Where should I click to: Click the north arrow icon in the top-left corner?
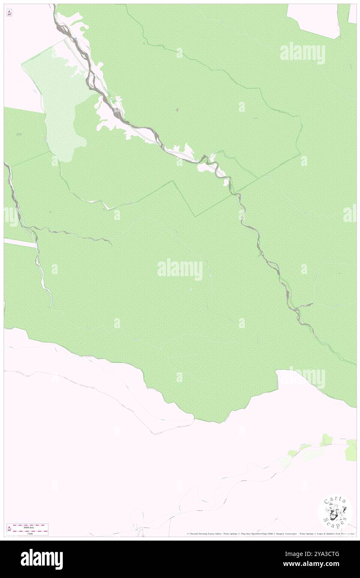pos(9,13)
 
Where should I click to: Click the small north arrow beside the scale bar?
pos(9,529)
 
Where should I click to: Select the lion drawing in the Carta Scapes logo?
pos(335,513)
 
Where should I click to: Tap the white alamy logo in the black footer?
pos(42,559)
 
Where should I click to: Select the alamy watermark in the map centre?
pos(180,269)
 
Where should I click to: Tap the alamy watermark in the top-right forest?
pos(302,53)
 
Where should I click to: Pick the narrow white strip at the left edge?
pos(20,243)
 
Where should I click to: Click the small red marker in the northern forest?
pos(178,110)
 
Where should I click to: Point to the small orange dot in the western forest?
pos(50,212)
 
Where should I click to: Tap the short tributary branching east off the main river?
pos(306,306)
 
